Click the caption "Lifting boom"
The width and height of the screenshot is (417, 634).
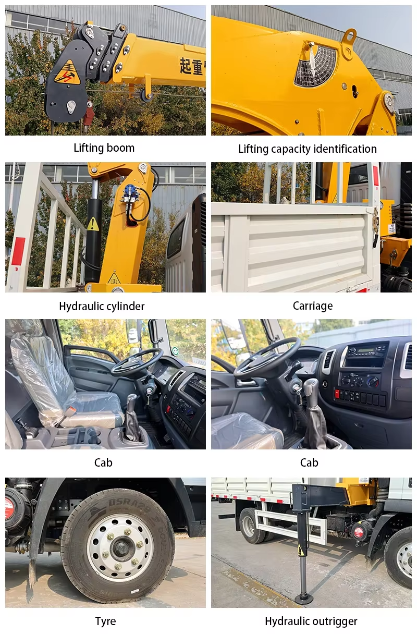coord(104,148)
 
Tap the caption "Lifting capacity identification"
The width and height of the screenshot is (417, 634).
coord(307,149)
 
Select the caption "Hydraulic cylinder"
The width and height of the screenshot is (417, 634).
coord(102,306)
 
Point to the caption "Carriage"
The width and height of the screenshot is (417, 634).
coord(312,306)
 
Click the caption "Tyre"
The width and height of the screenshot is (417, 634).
coord(105,621)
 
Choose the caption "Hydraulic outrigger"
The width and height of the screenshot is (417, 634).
coord(311,621)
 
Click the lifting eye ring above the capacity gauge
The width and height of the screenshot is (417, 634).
coord(349,36)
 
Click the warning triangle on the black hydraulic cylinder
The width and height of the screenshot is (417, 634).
coord(93,224)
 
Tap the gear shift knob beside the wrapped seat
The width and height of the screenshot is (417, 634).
coord(131,402)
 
